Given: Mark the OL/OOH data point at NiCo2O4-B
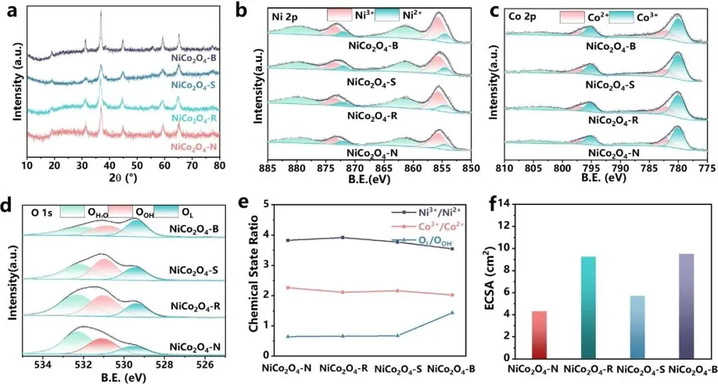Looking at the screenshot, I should [453, 312].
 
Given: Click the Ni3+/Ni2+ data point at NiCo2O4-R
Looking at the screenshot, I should [342, 238].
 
